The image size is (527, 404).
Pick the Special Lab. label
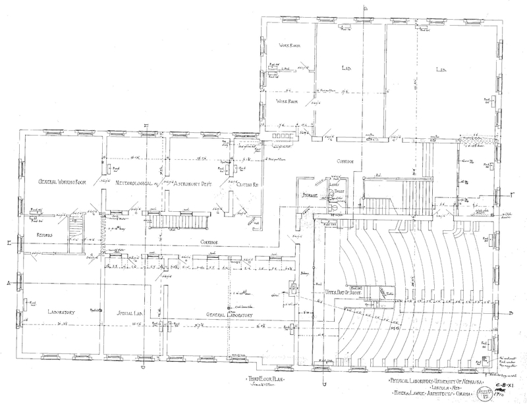click(130, 313)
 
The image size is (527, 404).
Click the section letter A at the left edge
click(8, 282)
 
